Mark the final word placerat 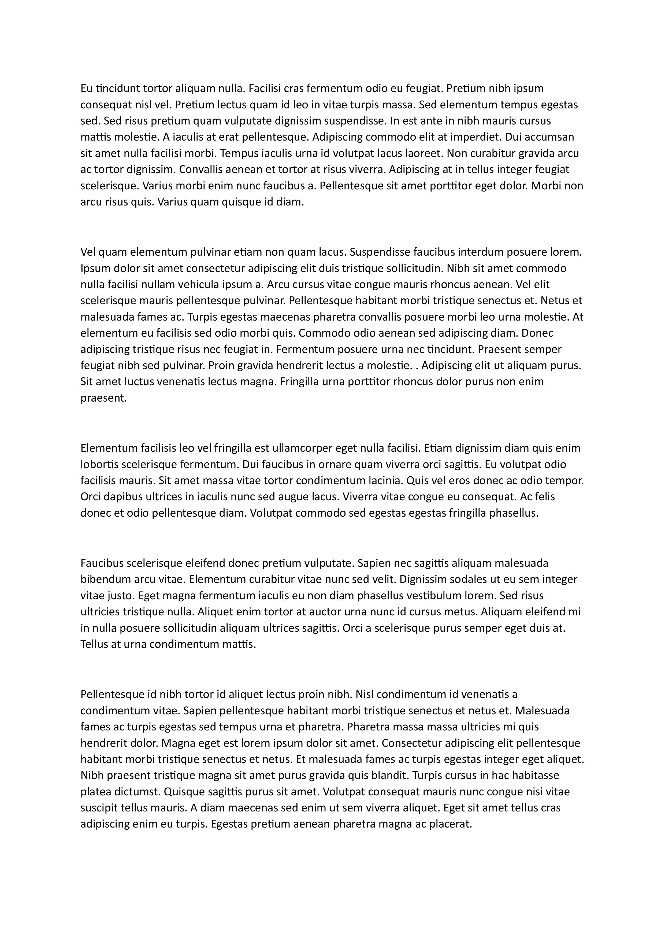[x=452, y=824]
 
